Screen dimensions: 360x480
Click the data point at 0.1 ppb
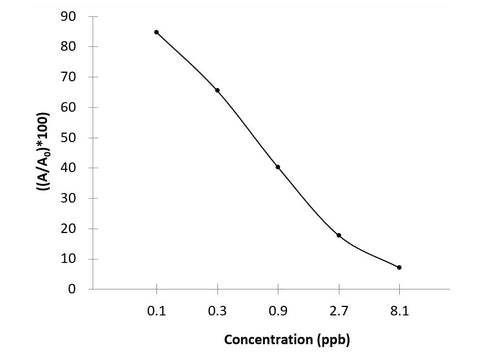coord(156,32)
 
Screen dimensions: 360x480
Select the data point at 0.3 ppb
coord(217,90)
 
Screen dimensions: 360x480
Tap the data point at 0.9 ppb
coord(278,167)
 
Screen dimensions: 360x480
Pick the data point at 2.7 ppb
coord(339,235)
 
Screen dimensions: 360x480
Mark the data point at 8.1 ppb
coord(399,267)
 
